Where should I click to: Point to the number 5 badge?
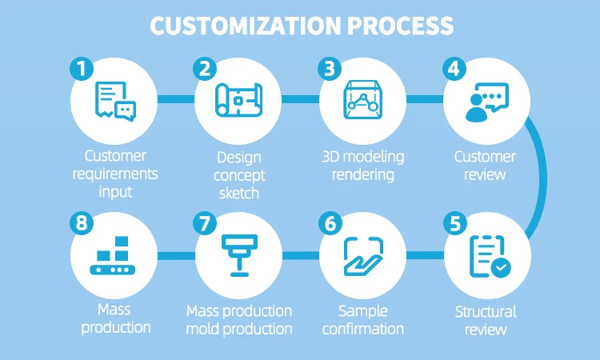pos(454,225)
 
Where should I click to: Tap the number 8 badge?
pos(80,225)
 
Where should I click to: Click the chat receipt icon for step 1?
pos(114,101)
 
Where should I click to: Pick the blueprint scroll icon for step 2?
pos(238,101)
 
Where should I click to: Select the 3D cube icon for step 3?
pos(362,101)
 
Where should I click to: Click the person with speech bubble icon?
pos(486,102)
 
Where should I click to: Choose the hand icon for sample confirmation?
pos(362,256)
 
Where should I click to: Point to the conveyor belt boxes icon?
pos(114,256)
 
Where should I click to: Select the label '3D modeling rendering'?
pos(362,165)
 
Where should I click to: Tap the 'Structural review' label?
pos(486,320)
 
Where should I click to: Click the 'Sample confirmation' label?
pos(362,320)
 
